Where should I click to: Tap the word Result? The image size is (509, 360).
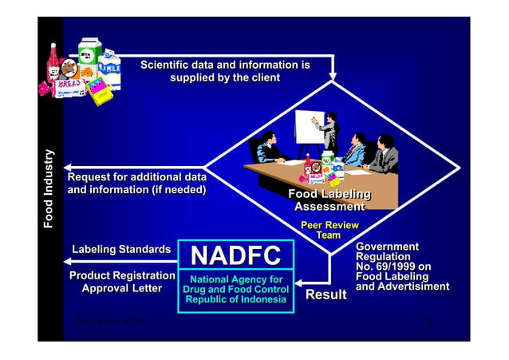(327, 295)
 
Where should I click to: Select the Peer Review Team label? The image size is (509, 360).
(329, 231)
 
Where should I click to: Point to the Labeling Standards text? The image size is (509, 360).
(121, 251)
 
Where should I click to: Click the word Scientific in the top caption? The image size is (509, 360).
(169, 64)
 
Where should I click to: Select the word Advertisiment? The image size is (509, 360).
(412, 287)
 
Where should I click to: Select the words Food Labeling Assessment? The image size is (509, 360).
(329, 200)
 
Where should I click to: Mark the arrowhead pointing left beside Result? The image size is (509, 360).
(302, 282)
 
